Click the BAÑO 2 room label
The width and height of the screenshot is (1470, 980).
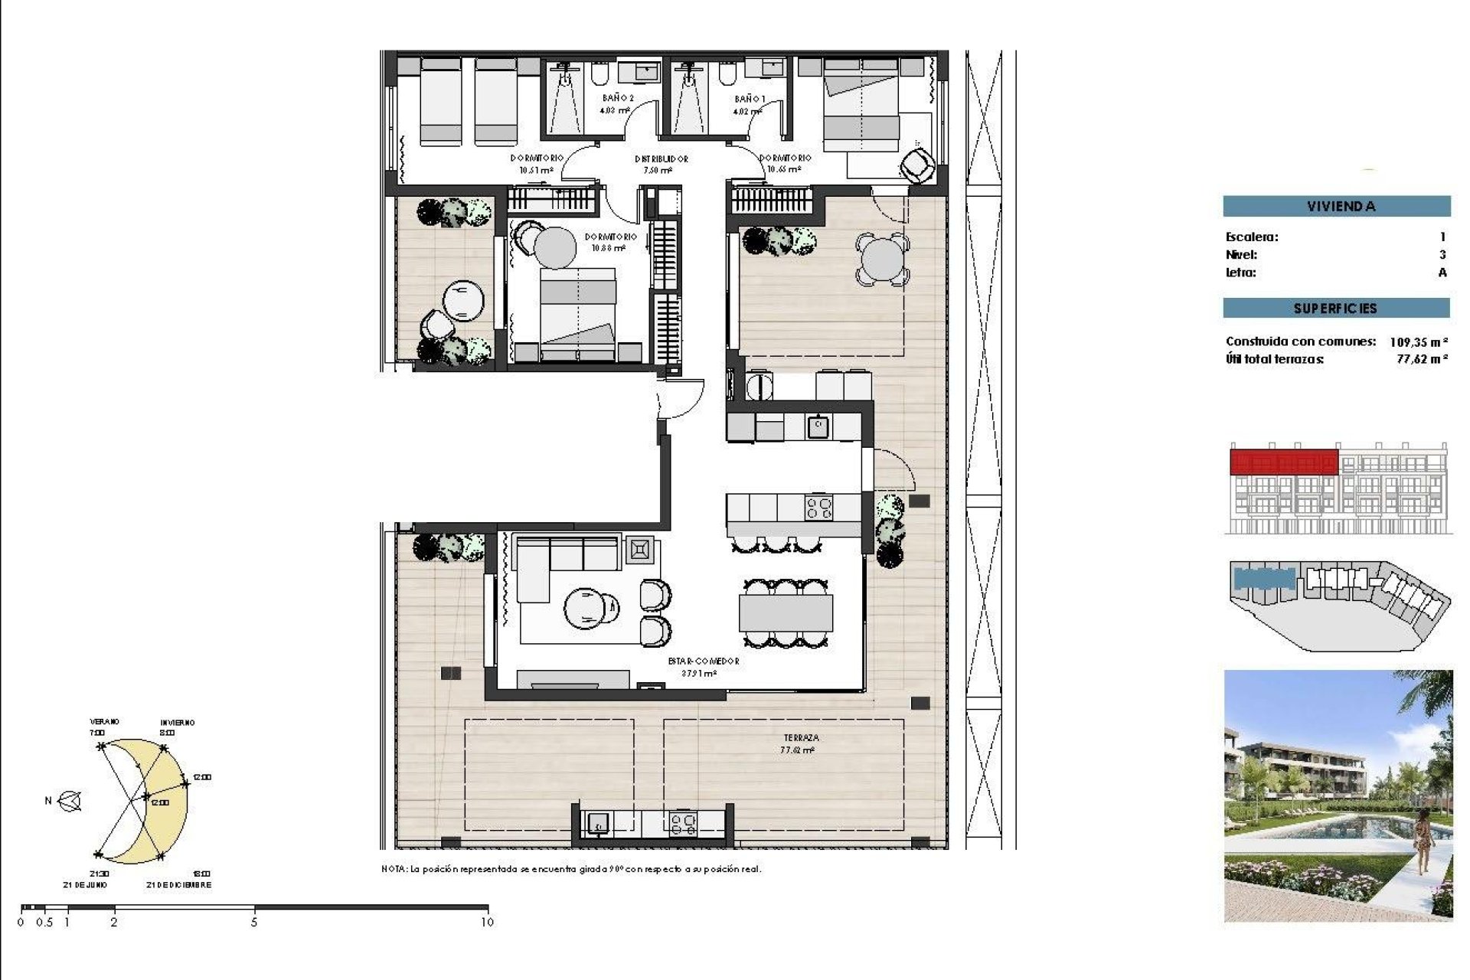click(617, 98)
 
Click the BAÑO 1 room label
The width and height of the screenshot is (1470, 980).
click(749, 99)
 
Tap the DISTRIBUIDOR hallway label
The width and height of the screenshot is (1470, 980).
click(661, 159)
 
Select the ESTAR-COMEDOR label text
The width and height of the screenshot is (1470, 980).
click(703, 661)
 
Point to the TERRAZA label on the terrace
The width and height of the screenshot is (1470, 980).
click(801, 738)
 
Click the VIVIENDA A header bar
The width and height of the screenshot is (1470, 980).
click(1336, 206)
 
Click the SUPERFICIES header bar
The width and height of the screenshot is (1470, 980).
click(1336, 309)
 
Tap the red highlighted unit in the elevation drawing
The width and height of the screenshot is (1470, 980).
click(1283, 462)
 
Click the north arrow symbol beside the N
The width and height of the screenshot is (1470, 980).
click(70, 802)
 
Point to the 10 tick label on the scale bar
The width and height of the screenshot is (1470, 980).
click(487, 923)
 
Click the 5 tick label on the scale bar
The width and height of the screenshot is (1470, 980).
click(254, 923)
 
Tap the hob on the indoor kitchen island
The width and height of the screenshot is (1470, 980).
click(819, 508)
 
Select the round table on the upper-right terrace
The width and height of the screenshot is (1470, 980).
click(882, 260)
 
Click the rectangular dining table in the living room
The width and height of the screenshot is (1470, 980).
click(786, 613)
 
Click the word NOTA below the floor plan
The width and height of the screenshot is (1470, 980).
click(394, 869)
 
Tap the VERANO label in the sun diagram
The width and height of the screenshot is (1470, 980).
click(105, 721)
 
